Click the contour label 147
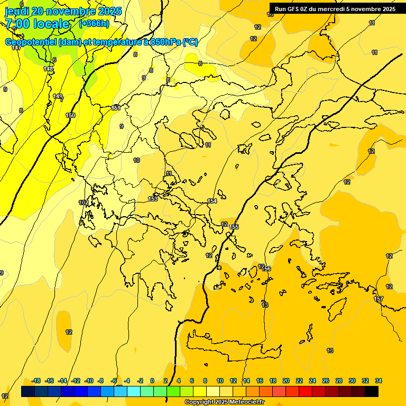coord(16,48)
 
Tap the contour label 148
coord(48,69)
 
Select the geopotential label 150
coord(70,115)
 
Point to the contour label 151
coord(116,108)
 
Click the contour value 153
coord(153,199)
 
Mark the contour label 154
coord(212,201)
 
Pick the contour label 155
coord(234,227)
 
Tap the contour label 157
coord(379,299)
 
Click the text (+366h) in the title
coord(94,23)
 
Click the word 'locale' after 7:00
coord(51,24)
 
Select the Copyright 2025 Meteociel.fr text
coord(225,402)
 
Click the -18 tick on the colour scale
coord(36,381)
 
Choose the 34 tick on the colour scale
coord(379,381)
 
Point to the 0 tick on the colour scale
coord(152,381)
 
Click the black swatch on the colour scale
coord(372,391)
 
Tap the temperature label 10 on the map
coord(136,160)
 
